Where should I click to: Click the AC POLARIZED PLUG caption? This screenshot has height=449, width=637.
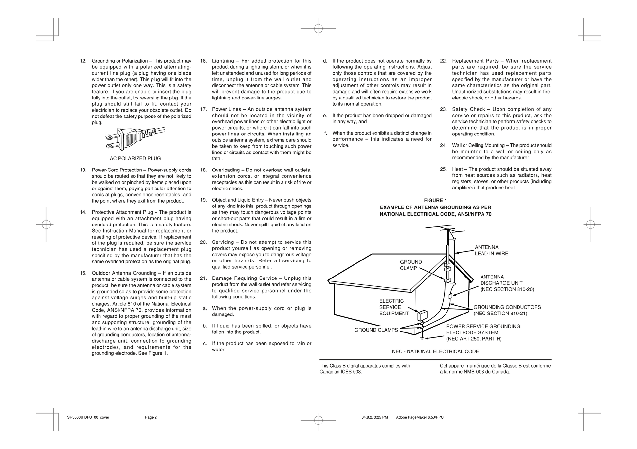[135, 159]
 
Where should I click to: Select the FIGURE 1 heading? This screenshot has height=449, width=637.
[435, 201]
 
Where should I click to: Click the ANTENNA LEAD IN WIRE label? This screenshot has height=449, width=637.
[491, 251]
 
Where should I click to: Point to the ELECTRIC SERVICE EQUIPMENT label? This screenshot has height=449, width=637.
[394, 307]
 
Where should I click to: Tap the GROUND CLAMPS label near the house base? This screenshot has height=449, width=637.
[376, 330]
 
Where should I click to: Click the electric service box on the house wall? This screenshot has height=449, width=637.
[422, 315]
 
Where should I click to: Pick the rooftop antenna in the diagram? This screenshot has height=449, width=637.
[440, 227]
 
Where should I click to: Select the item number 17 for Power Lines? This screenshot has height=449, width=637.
[203, 109]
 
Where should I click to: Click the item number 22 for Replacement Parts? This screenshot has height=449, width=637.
[443, 61]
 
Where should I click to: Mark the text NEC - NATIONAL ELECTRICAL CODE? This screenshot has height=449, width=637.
[435, 352]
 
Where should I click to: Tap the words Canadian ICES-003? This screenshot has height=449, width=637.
[341, 372]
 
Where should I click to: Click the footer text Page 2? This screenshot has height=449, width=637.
[151, 417]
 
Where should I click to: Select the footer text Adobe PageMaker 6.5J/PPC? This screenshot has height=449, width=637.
[420, 417]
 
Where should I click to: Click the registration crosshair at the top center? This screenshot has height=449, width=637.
[318, 29]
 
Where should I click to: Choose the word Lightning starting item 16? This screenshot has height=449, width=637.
[223, 61]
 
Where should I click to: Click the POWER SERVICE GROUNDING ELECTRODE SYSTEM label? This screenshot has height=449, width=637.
[483, 332]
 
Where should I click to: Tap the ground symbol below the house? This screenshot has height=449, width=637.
[422, 339]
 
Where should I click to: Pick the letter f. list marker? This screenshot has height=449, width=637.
[326, 133]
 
